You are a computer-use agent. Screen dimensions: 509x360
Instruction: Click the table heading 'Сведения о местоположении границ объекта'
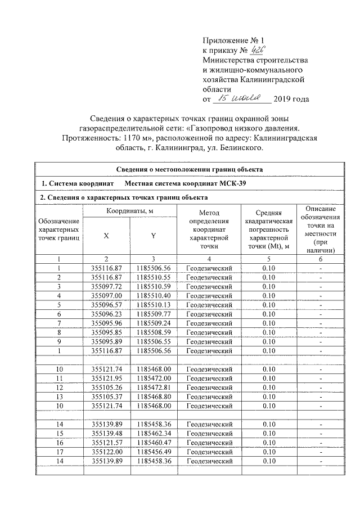(189, 169)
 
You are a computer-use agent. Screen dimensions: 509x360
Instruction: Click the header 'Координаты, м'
(130, 210)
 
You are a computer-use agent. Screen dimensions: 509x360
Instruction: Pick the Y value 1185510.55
(153, 277)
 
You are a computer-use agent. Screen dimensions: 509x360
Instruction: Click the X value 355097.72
(106, 286)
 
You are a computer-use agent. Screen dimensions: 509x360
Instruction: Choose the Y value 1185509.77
(153, 313)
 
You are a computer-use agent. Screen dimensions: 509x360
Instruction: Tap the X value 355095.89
(106, 340)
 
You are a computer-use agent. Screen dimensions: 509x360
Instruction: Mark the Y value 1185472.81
(153, 386)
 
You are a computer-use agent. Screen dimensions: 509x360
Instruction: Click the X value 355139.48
(106, 433)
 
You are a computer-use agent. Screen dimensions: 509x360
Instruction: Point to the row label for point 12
(59, 386)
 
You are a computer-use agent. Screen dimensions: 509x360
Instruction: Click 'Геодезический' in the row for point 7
(209, 322)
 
